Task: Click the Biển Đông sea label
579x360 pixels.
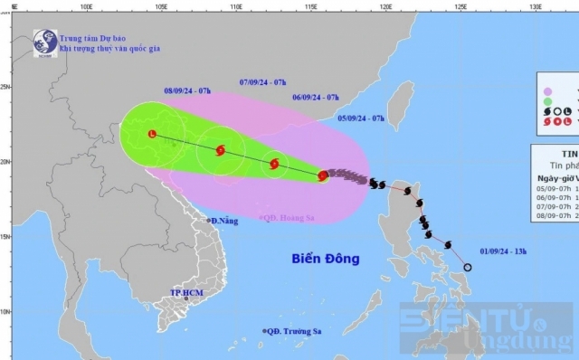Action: pyautogui.click(x=326, y=259)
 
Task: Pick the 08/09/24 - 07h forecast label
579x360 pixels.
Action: pyautogui.click(x=188, y=91)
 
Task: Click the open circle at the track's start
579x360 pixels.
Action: pyautogui.click(x=468, y=267)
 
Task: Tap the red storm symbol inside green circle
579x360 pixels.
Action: pyautogui.click(x=222, y=150)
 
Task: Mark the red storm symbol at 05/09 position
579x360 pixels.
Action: pyautogui.click(x=323, y=175)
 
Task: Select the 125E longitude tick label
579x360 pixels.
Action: pyautogui.click(x=460, y=5)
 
